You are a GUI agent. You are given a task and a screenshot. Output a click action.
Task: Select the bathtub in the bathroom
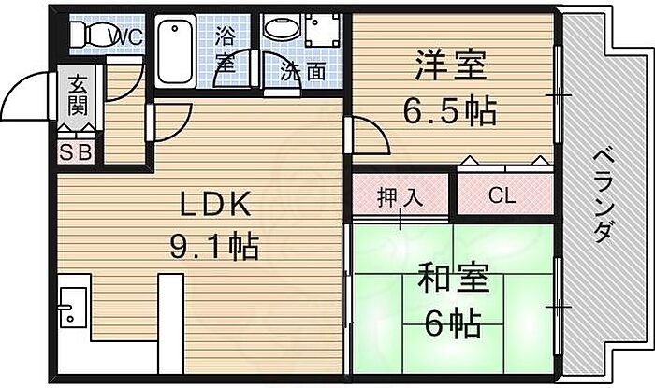click(x=172, y=51)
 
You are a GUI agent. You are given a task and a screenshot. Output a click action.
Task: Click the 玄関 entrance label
click(x=77, y=93)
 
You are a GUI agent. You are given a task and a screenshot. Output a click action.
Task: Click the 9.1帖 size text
click(x=213, y=248)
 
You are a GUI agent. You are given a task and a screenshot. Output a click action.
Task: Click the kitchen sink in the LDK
click(x=71, y=305)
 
